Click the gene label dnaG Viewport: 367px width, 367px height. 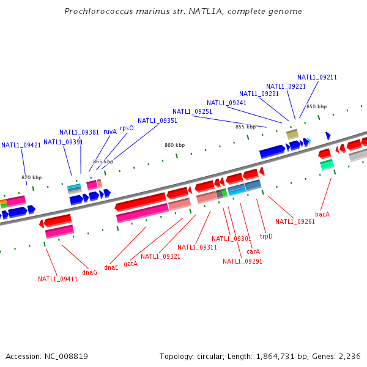[89, 272]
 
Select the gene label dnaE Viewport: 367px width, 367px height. [111, 267]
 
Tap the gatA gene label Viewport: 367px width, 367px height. [130, 264]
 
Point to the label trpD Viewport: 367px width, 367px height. [266, 236]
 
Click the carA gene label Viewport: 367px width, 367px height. [253, 251]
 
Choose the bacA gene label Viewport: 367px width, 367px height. [322, 214]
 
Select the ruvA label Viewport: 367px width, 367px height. [110, 132]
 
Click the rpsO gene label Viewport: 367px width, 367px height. [127, 128]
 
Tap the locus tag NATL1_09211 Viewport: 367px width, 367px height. [317, 77]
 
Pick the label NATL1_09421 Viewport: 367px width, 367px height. [21, 145]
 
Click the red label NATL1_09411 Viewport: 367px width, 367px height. [57, 279]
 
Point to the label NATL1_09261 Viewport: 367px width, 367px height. [295, 221]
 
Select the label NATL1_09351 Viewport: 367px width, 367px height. [157, 120]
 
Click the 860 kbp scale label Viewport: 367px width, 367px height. [174, 145]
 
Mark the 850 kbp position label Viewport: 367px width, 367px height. [316, 106]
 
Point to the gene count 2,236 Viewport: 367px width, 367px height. [349, 356]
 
